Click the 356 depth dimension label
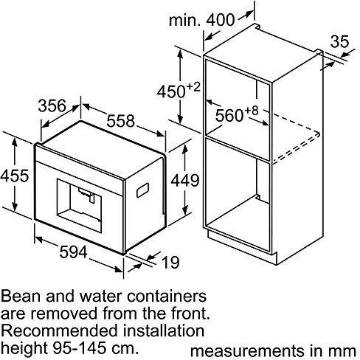coord(52,105)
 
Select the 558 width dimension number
coord(121,121)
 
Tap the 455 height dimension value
coord(15,176)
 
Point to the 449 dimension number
coord(185,181)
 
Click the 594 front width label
coord(74,252)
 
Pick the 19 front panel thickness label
coord(171,262)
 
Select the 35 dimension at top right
coord(339,41)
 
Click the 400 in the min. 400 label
coord(221,20)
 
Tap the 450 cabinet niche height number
coord(171,92)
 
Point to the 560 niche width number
coord(229,115)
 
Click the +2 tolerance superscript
coord(193,87)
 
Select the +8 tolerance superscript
coord(252,111)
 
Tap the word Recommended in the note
coord(60,330)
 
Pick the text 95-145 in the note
coord(80,348)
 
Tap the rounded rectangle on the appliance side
coord(143,190)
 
